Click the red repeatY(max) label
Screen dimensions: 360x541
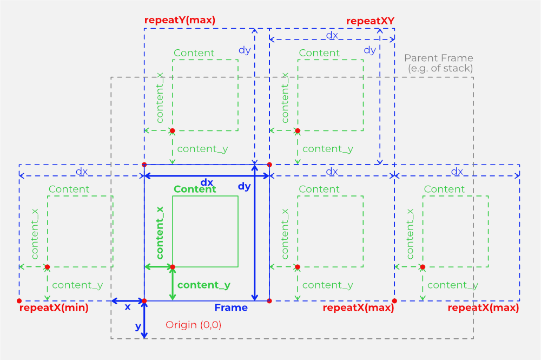(x=180, y=21)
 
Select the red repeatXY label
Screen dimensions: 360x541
(x=370, y=21)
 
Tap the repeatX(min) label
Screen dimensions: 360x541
(x=54, y=308)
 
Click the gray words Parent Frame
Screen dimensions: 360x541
(x=438, y=58)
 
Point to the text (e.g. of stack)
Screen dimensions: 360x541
(x=440, y=68)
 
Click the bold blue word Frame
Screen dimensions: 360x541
(x=231, y=308)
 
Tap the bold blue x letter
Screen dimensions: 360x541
(x=128, y=307)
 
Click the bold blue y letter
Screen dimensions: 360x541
(x=138, y=326)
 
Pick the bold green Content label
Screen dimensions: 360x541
(x=195, y=189)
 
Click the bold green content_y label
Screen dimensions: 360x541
(x=203, y=285)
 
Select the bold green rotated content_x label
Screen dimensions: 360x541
(x=160, y=232)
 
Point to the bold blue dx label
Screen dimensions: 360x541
(x=207, y=182)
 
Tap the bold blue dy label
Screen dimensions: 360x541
(x=245, y=186)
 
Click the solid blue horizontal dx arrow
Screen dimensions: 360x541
(x=207, y=176)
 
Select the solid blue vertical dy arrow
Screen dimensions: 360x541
(x=254, y=233)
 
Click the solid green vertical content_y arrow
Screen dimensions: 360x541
(x=173, y=284)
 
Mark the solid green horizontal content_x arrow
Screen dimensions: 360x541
(x=159, y=267)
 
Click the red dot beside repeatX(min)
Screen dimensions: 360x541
(x=19, y=300)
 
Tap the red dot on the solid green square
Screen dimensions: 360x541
(x=173, y=267)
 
